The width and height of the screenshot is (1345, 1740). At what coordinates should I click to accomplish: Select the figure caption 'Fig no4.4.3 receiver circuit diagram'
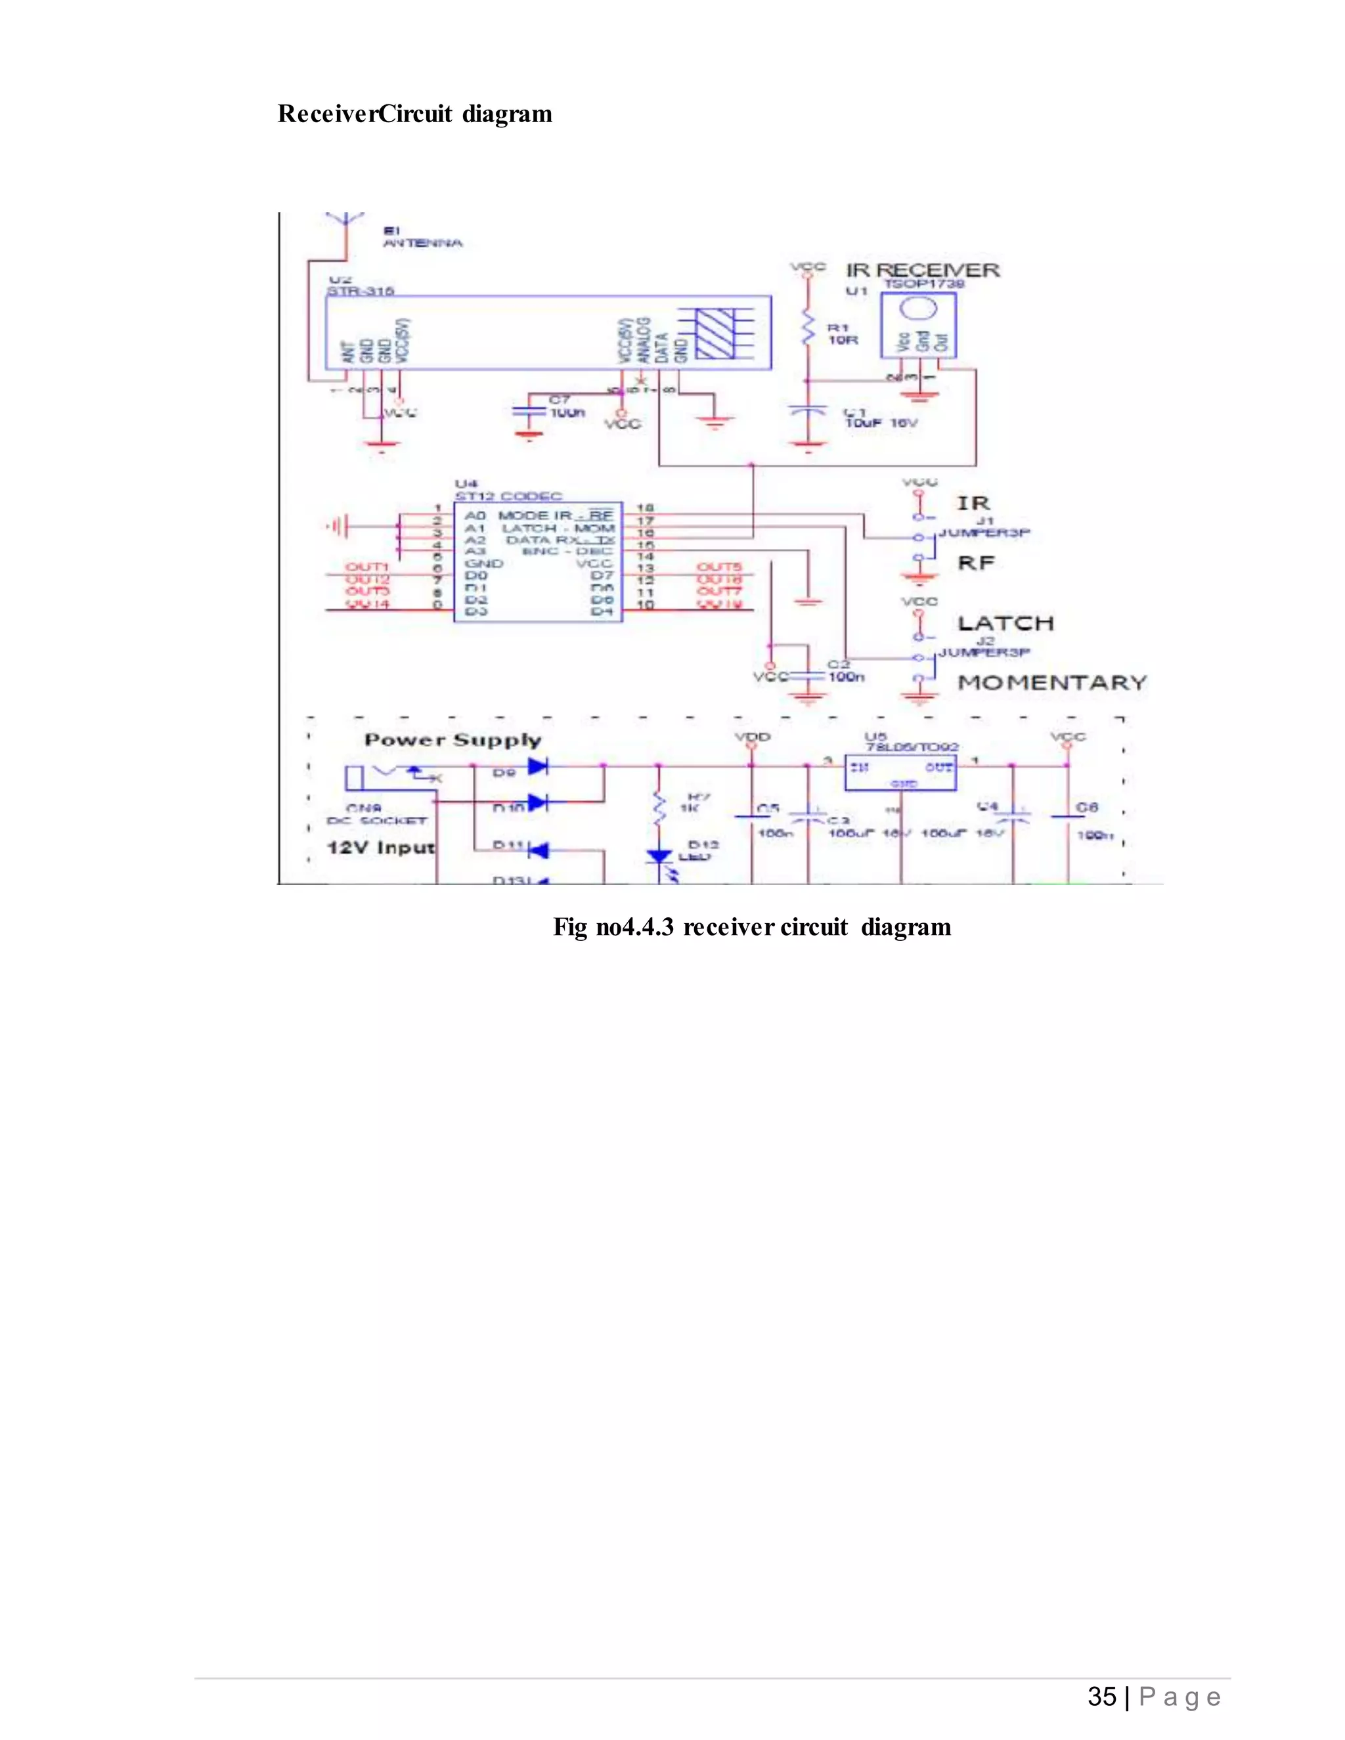(x=751, y=927)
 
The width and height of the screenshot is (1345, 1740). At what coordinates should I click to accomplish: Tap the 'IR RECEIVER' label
(x=922, y=270)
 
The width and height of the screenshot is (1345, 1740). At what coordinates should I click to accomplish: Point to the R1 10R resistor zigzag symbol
(x=808, y=329)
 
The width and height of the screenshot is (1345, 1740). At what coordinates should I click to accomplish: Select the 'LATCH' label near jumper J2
(x=1005, y=623)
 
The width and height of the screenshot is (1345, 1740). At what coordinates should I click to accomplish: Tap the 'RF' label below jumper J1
(x=975, y=563)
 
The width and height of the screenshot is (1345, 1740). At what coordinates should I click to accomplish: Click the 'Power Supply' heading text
(x=452, y=740)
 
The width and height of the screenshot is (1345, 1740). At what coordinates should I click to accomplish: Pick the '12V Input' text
(x=381, y=847)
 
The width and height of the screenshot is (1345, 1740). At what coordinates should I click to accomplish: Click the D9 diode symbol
(x=538, y=766)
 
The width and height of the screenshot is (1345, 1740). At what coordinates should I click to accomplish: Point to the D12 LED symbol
(x=659, y=858)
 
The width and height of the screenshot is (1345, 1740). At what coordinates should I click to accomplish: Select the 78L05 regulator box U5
(x=900, y=773)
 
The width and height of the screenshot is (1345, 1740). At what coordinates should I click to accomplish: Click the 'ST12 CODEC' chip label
(x=508, y=496)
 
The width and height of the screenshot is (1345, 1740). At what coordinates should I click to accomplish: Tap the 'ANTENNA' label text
(x=422, y=243)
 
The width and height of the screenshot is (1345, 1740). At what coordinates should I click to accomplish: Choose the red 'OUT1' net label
(x=366, y=567)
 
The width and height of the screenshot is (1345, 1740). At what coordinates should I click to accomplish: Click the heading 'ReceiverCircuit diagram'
(x=414, y=114)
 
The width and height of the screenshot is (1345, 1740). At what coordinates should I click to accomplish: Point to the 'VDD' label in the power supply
(x=751, y=737)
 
